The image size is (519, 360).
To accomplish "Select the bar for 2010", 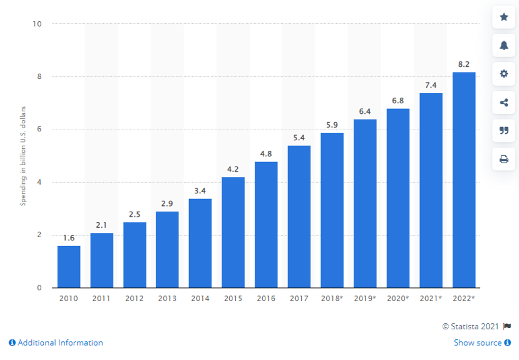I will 69,267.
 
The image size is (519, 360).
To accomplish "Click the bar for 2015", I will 233,232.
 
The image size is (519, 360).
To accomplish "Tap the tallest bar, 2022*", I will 464,180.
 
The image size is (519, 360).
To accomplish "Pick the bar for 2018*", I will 332,210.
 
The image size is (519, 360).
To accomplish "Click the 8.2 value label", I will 464,65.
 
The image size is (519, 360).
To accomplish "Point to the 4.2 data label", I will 233,169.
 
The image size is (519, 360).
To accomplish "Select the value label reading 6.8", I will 398,101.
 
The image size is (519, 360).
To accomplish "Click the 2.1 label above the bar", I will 102,225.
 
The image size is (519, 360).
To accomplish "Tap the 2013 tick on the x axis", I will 167,299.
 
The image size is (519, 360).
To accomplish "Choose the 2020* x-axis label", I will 398,299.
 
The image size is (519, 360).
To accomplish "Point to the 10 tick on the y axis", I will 39,24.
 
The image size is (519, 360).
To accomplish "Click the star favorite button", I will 504,17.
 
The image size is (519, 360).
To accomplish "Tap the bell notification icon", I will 504,46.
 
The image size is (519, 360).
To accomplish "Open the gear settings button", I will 504,74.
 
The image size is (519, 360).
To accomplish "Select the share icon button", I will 504,103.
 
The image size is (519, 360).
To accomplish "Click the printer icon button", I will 504,159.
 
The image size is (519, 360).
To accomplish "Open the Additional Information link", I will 56,343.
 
